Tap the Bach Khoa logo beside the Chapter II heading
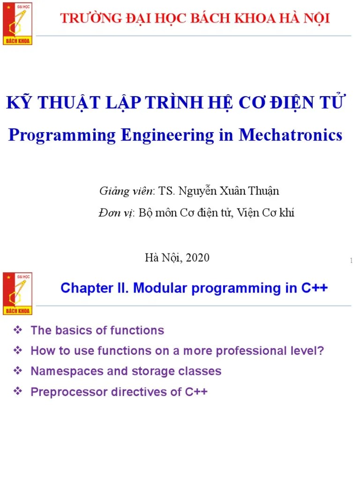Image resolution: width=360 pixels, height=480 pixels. pos(17,293)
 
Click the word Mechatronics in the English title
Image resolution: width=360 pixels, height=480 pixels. pos(291,135)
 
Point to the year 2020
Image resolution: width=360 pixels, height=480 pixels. pos(198,257)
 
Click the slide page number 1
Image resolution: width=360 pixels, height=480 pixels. pos(351,261)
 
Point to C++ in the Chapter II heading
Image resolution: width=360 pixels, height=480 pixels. pos(314,288)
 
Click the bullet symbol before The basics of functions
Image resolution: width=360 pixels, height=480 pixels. pos(19,330)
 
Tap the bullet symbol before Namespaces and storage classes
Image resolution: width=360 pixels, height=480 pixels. pos(19,371)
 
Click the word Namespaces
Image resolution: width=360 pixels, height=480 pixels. pos(62,371)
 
